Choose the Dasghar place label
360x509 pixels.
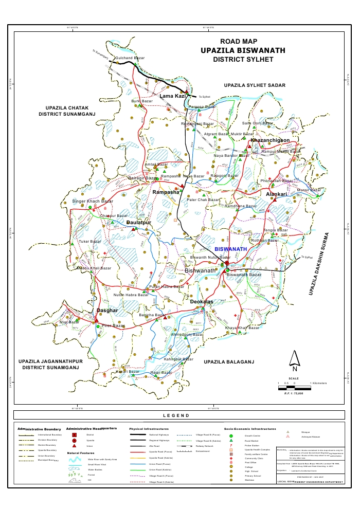[x=107, y=311]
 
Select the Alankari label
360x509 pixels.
[x=276, y=194]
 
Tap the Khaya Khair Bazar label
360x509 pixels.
[x=242, y=328]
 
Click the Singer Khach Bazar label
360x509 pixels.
[x=89, y=201]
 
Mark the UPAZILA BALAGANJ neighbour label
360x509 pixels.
[x=229, y=362]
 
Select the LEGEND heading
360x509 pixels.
[x=176, y=415]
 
